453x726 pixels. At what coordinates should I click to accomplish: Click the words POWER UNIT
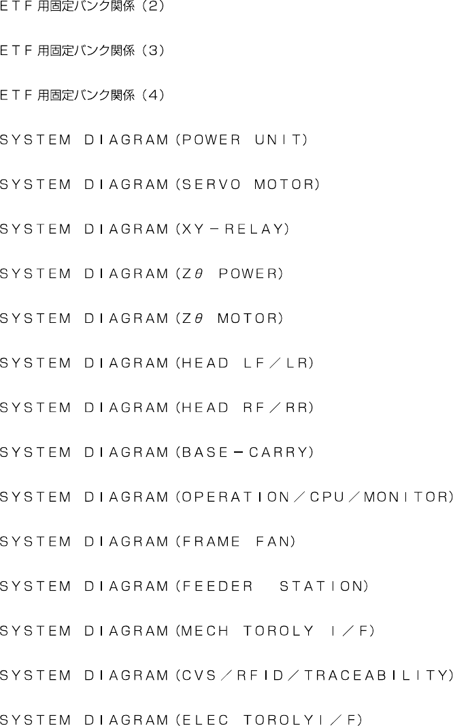241,141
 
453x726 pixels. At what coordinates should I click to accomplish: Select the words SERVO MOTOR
247,185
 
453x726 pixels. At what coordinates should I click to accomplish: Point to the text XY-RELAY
232,230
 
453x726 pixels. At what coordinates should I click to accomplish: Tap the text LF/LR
275,364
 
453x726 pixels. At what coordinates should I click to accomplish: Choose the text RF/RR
275,408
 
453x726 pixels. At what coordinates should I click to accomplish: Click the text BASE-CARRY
244,453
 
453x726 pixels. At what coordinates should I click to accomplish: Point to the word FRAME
207,542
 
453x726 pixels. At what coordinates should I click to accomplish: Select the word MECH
201,631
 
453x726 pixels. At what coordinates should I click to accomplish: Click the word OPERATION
233,497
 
